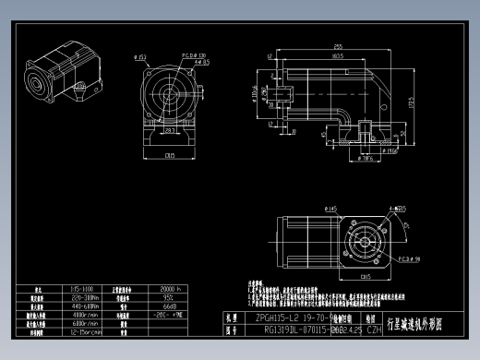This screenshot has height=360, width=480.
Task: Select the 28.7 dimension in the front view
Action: point(171,131)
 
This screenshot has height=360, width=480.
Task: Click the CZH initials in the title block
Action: point(374,328)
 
